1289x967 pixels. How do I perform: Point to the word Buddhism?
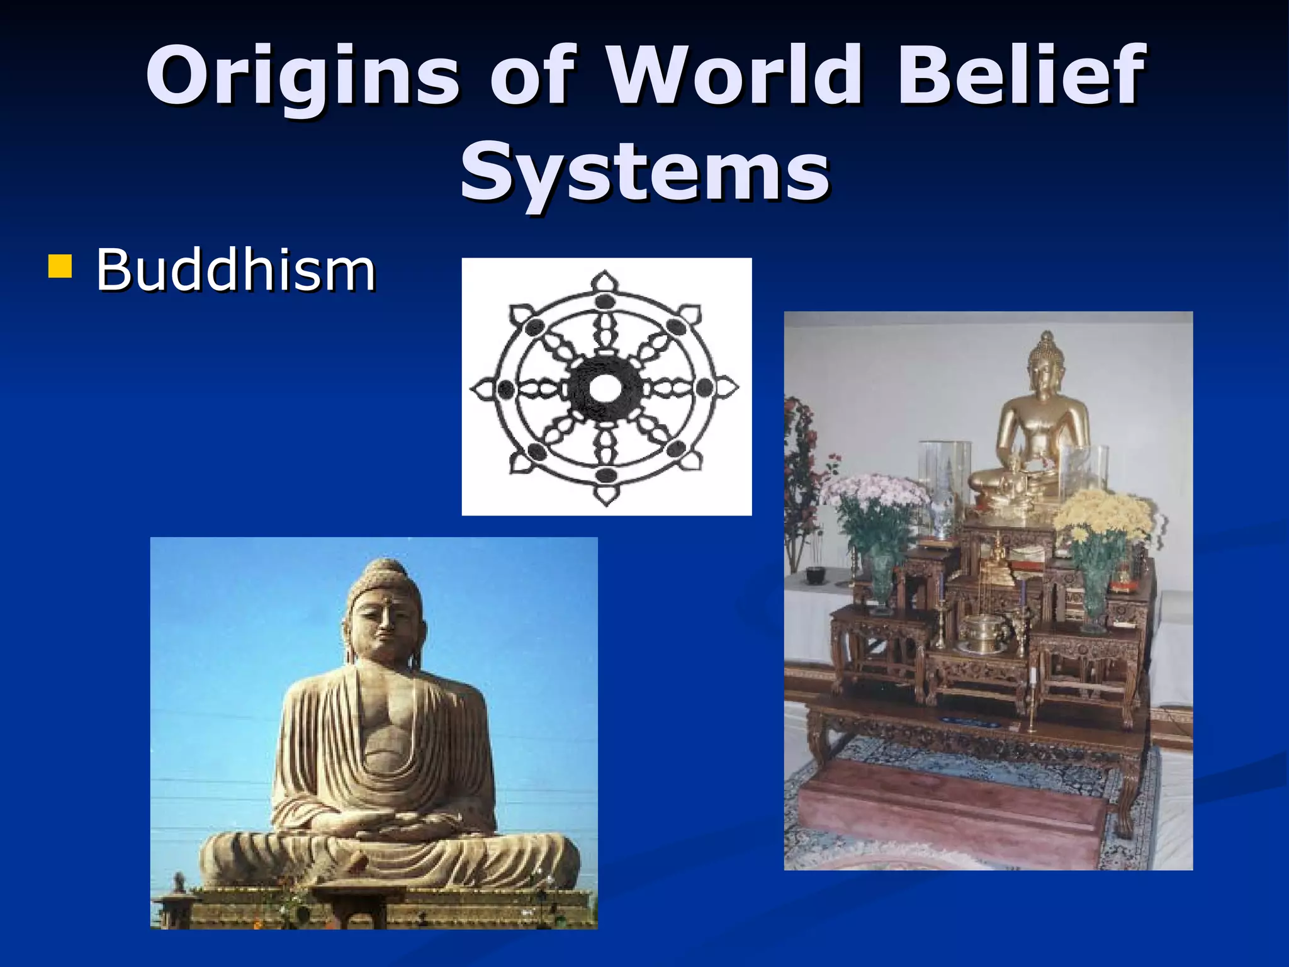[x=235, y=271]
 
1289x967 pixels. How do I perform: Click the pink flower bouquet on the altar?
[x=875, y=497]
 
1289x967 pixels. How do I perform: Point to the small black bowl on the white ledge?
[x=816, y=574]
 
